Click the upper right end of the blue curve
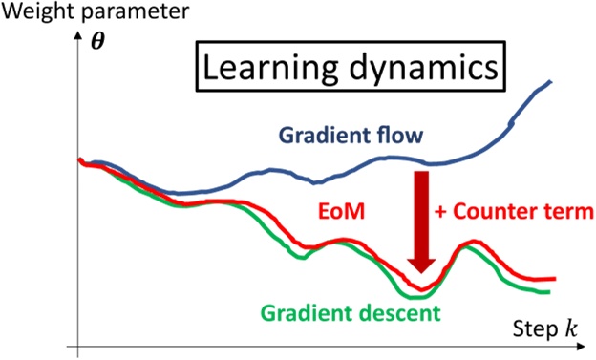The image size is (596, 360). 552,82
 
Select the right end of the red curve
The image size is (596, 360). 555,279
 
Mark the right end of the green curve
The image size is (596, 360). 550,291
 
